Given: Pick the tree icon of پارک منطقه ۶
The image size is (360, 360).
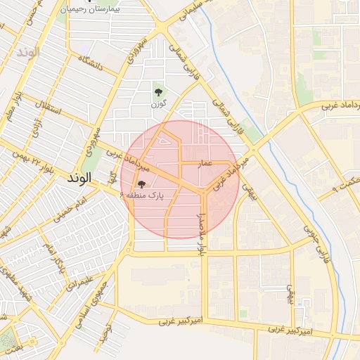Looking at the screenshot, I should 133,184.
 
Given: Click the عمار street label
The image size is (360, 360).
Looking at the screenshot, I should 204,163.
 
